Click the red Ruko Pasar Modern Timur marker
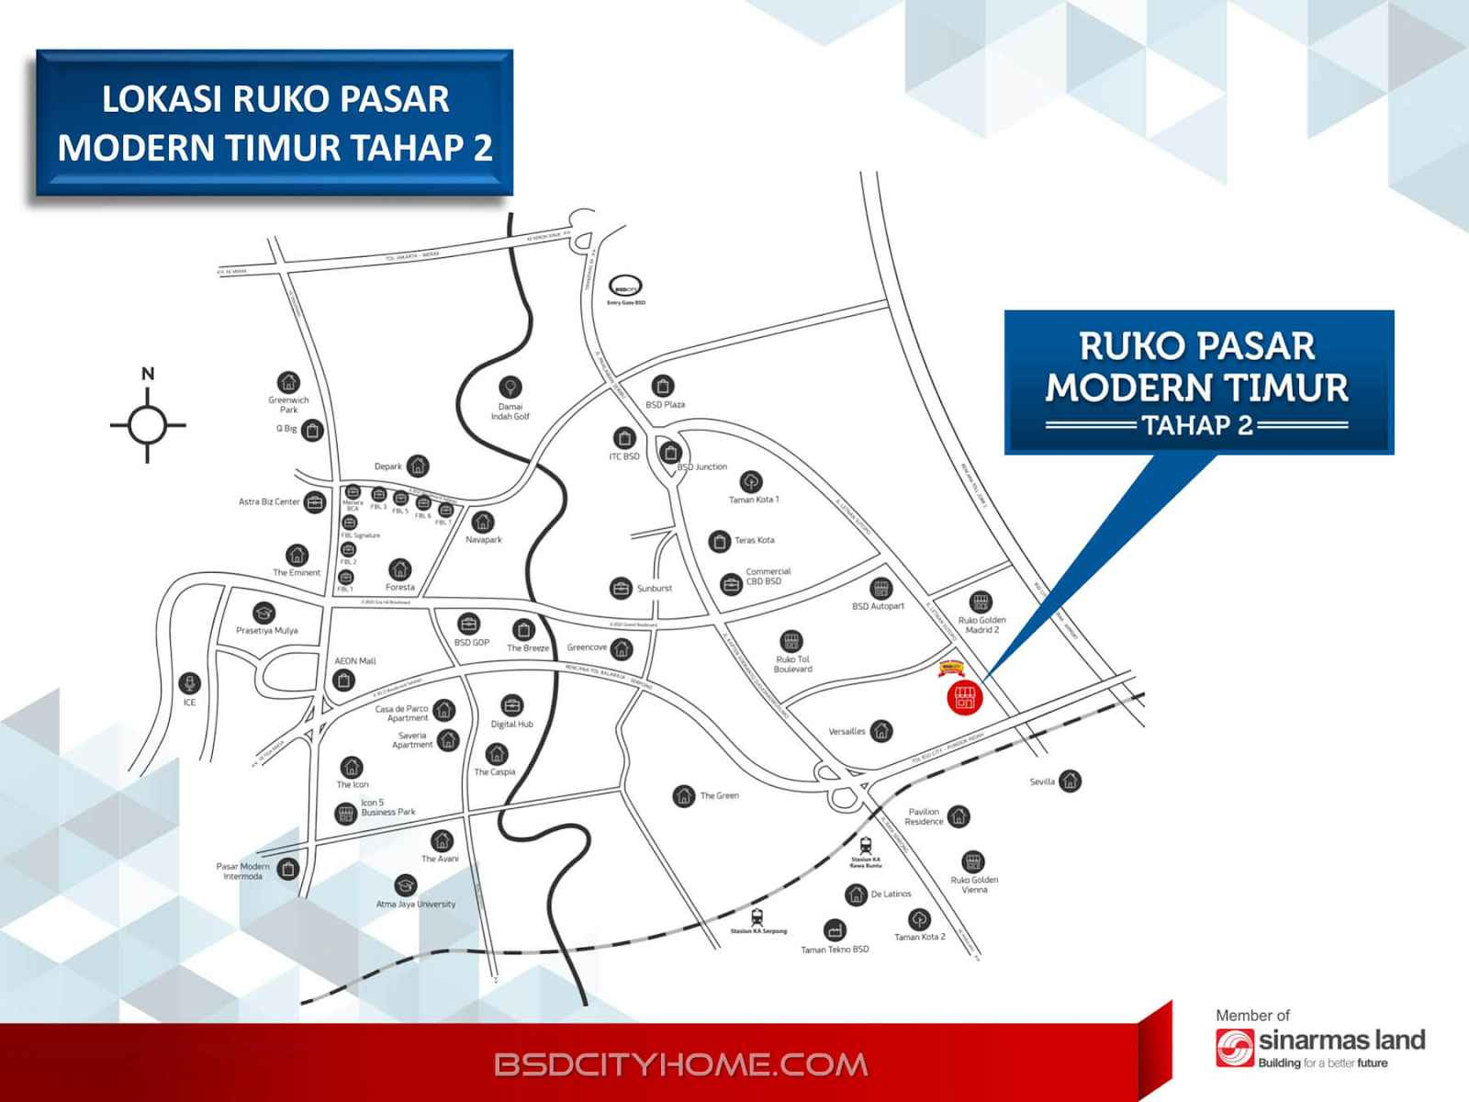[x=964, y=697]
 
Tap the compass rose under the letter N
[x=147, y=425]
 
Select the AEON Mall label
[x=355, y=661]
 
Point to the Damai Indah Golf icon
[x=510, y=387]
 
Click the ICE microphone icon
[x=189, y=683]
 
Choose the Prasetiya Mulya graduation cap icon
[x=264, y=613]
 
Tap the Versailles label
[x=847, y=732]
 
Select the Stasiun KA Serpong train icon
[x=757, y=916]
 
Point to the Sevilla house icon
[x=1070, y=782]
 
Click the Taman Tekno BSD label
[x=834, y=950]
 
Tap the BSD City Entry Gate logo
[x=626, y=286]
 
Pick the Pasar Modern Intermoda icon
[x=288, y=868]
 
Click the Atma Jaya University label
[x=415, y=905]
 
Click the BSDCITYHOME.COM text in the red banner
[x=680, y=1065]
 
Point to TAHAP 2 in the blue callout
[x=1197, y=425]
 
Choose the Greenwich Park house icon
[x=288, y=382]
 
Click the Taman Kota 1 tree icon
[x=751, y=481]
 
